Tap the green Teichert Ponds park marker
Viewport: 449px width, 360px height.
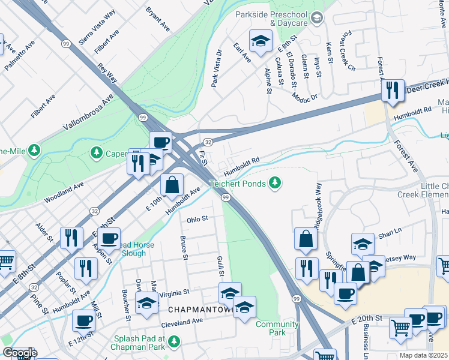275,182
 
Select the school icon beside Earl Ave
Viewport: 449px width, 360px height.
260,41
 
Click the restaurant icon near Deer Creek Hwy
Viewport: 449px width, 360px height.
392,91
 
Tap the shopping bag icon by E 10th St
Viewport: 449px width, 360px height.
172,185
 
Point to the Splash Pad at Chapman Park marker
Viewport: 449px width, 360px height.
175,341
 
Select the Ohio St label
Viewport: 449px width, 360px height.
196,220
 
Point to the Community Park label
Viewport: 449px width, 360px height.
277,328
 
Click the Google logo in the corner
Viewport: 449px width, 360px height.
20,353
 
